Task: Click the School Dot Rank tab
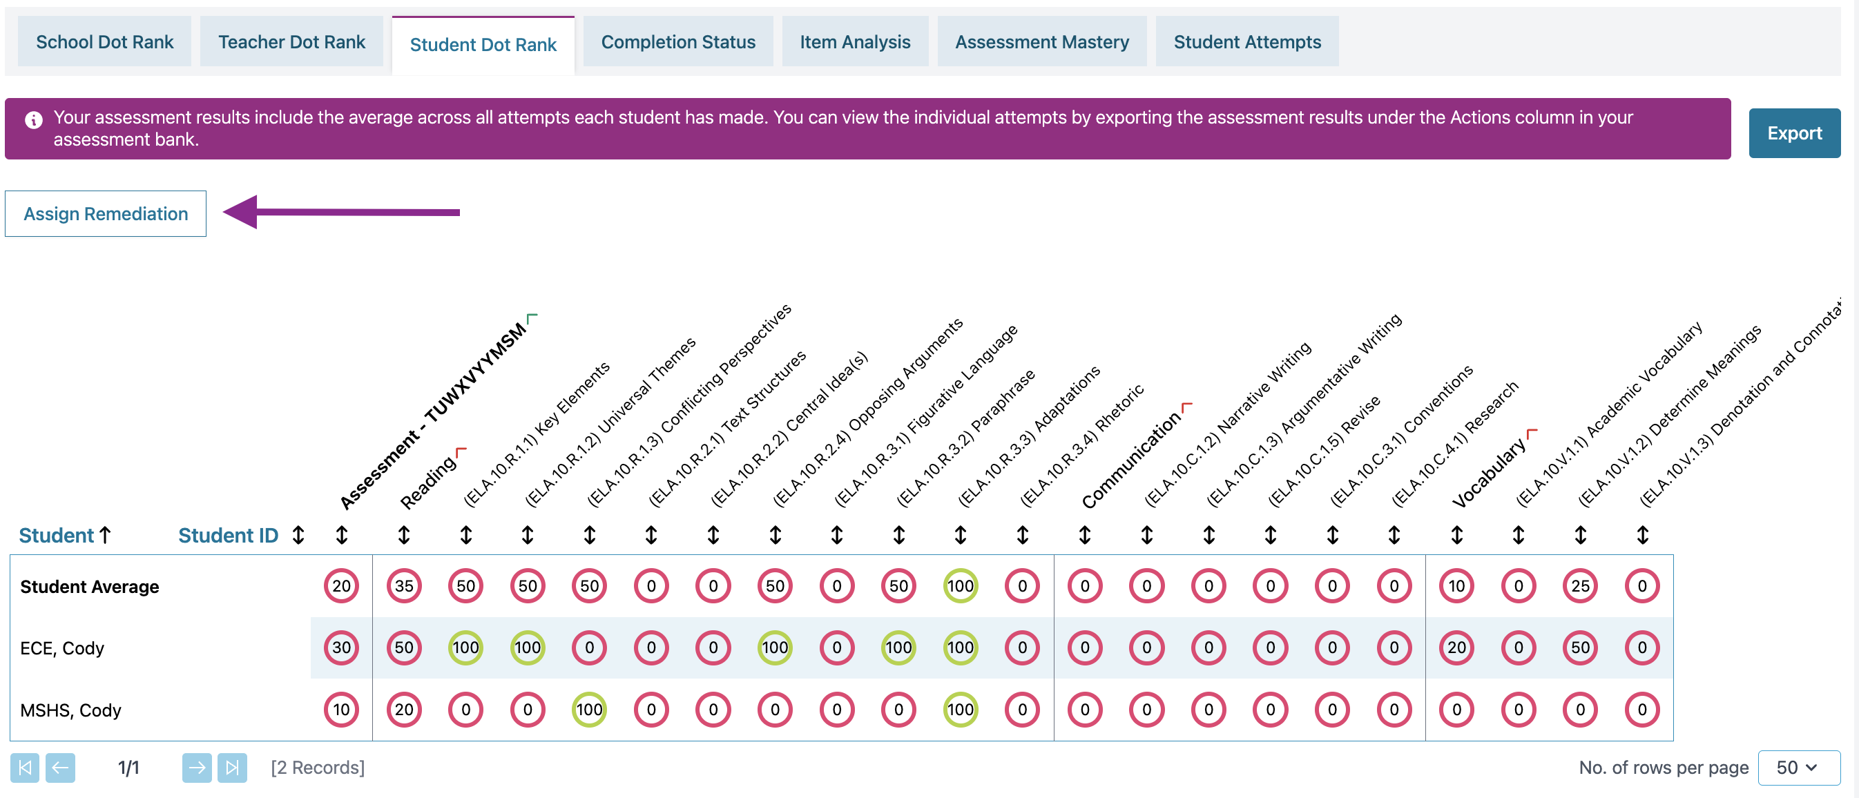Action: (x=105, y=42)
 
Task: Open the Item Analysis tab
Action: (x=854, y=42)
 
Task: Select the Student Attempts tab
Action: (x=1246, y=42)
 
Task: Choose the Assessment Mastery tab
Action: (x=1041, y=42)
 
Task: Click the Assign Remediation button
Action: (x=106, y=213)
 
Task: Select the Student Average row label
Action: (x=90, y=587)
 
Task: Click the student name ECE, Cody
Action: (x=62, y=648)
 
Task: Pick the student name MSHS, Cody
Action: (x=70, y=710)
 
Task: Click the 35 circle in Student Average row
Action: (x=403, y=586)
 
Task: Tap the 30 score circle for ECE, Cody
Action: (x=341, y=648)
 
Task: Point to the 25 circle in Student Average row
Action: (x=1580, y=586)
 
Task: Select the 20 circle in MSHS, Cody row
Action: (x=403, y=709)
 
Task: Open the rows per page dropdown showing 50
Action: (x=1798, y=767)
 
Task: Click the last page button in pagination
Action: (x=231, y=767)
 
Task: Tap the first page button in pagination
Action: (x=25, y=767)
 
